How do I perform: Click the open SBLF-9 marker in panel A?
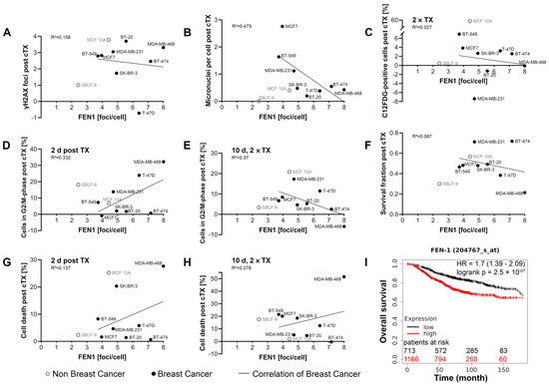80,86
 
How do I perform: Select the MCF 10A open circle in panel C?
467,21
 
